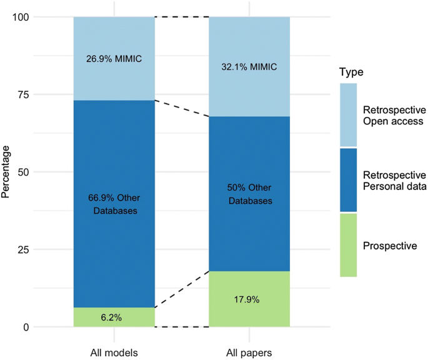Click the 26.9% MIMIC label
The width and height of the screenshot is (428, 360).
[114, 60]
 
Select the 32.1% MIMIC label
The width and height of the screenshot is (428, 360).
[249, 67]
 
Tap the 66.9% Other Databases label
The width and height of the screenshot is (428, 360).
[114, 204]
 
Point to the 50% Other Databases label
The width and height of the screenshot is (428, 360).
[249, 194]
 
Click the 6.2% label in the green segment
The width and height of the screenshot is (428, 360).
[114, 317]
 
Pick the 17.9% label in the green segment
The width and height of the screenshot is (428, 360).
[249, 299]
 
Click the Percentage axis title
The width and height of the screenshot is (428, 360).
[7, 172]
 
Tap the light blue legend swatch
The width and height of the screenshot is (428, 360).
[348, 115]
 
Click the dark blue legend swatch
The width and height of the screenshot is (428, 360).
[348, 180]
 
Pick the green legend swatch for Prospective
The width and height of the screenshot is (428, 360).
[348, 245]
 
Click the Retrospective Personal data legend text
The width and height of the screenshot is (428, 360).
[394, 180]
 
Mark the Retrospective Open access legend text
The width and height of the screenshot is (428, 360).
[394, 115]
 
